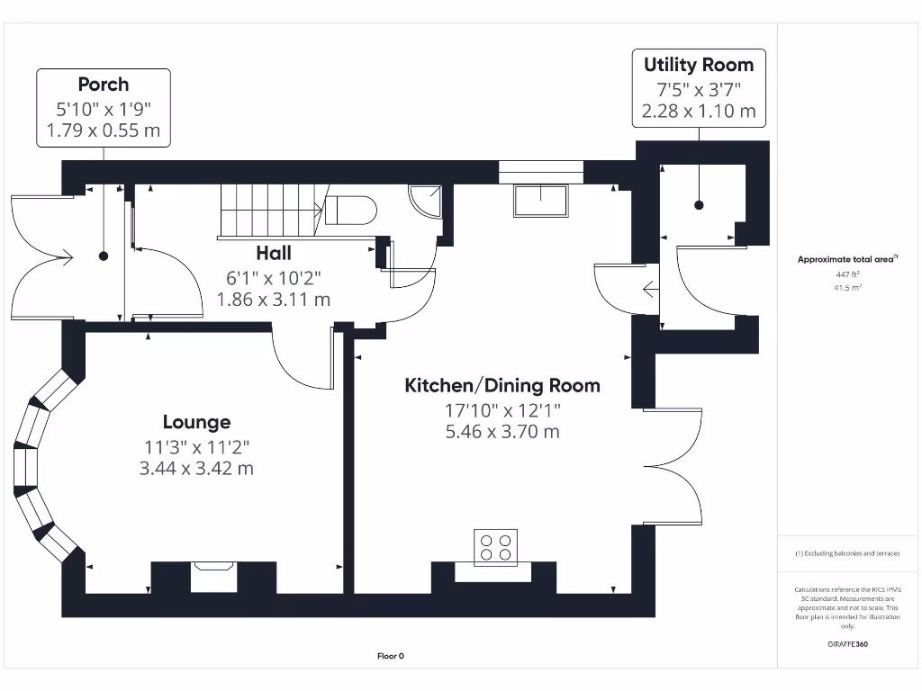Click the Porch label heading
(x=104, y=85)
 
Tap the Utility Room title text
(x=699, y=65)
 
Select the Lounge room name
(x=196, y=422)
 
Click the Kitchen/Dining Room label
(x=502, y=386)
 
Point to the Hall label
(x=274, y=254)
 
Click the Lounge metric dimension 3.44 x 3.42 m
(x=196, y=468)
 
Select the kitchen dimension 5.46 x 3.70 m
(x=502, y=432)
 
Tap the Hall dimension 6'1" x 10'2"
(x=274, y=277)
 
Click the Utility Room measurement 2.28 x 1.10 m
(x=699, y=112)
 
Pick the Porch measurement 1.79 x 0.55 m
(x=104, y=131)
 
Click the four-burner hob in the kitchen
(x=496, y=547)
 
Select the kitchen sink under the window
(x=540, y=201)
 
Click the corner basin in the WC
(x=425, y=199)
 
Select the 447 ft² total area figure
(x=847, y=274)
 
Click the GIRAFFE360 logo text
(x=847, y=644)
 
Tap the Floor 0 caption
(x=391, y=656)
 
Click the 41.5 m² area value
(x=847, y=288)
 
